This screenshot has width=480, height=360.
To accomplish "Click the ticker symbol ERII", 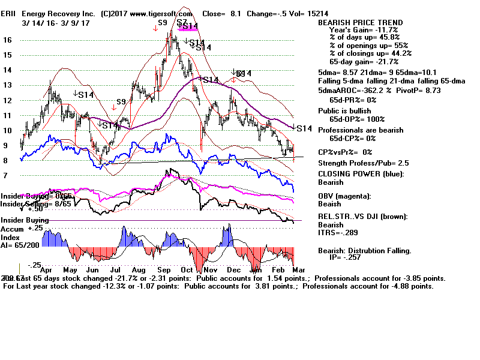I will tap(10, 13).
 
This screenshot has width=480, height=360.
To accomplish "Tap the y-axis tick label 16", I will tap(7, 40).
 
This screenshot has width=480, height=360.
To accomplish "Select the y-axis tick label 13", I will tap(7, 85).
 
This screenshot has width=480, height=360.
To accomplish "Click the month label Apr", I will tap(43, 270).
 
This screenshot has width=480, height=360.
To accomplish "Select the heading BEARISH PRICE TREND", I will tap(361, 23).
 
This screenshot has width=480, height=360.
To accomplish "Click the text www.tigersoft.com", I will tap(159, 13).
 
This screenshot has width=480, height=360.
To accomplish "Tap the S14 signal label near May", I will tap(85, 94).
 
